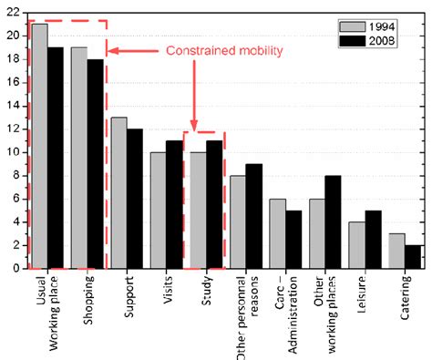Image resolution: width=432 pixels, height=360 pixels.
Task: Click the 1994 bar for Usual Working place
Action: point(40,146)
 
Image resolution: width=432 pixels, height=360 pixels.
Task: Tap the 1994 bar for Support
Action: point(118,192)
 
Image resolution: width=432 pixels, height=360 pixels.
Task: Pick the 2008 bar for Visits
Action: point(173,204)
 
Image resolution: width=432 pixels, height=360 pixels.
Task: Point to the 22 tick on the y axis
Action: point(11,12)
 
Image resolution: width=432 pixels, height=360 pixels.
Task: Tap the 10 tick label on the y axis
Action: point(11,152)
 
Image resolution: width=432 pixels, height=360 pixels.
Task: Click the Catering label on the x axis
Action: point(401,295)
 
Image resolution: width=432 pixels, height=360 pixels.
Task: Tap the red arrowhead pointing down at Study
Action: point(194,124)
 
